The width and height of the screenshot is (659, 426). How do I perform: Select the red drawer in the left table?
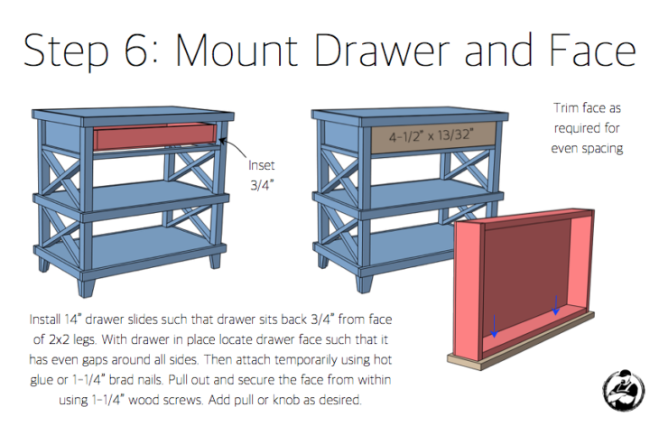click(156, 138)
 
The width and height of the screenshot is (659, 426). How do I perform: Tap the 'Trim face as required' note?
click(588, 127)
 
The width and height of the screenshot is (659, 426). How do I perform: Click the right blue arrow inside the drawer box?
click(556, 307)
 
